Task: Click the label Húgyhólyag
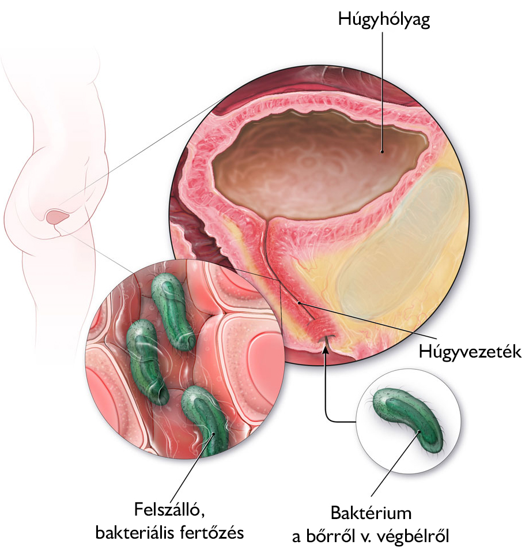(384, 20)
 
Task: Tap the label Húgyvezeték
(470, 352)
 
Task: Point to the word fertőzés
(213, 533)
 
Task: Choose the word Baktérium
(371, 513)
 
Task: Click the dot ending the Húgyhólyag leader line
(382, 152)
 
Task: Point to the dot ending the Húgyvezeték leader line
(299, 303)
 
